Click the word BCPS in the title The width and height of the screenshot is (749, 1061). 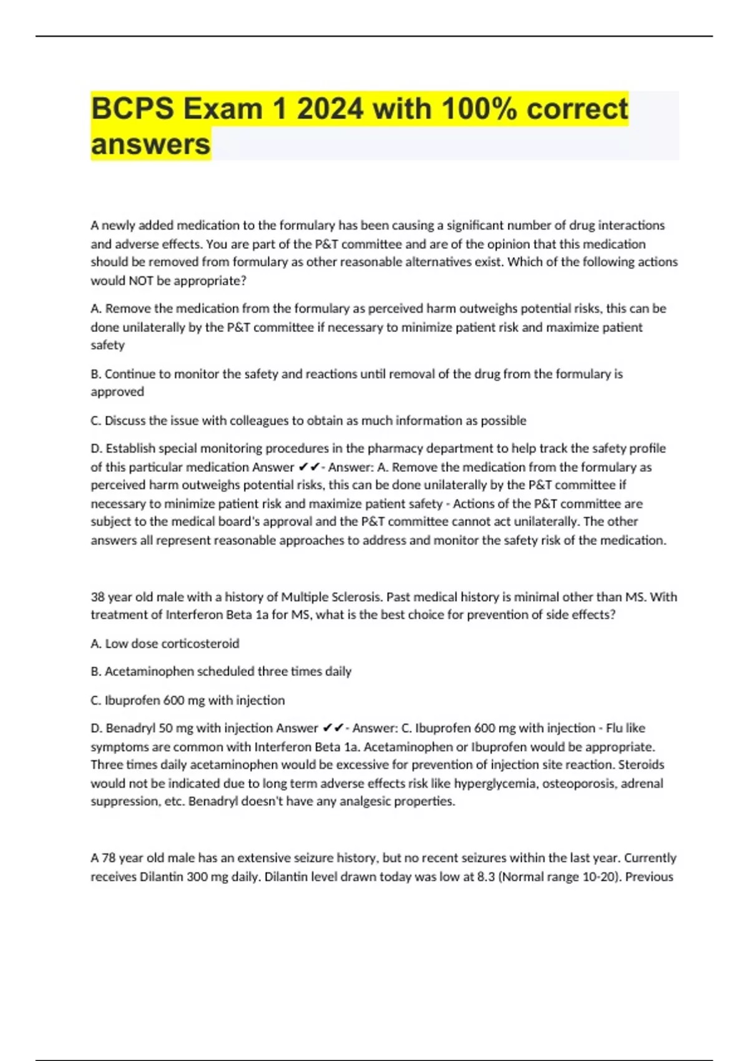click(132, 109)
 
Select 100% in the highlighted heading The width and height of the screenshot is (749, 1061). click(479, 109)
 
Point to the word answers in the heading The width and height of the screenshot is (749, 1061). click(150, 144)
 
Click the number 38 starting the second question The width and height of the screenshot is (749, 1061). click(97, 597)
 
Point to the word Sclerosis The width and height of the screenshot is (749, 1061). click(355, 597)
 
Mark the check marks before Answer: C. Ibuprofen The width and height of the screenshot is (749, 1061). click(333, 728)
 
